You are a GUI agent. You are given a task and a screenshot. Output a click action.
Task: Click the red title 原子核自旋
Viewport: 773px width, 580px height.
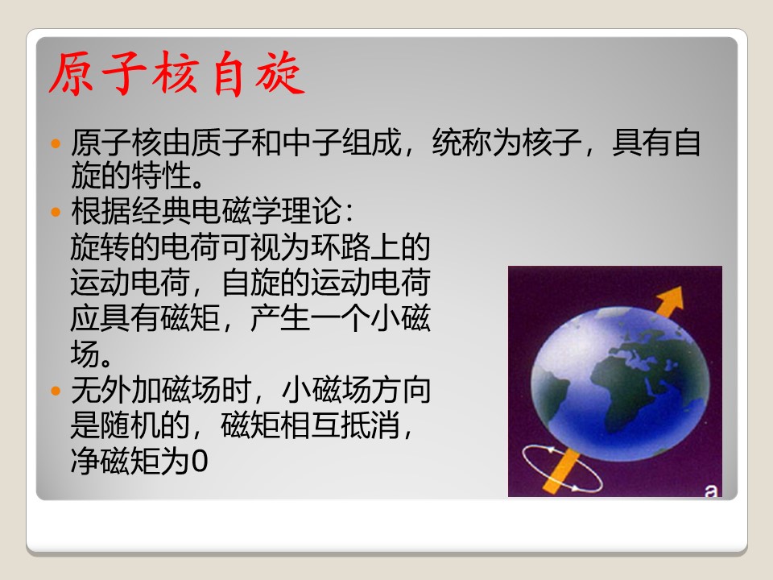point(177,73)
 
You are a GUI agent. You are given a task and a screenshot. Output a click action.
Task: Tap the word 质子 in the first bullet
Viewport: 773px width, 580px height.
point(221,143)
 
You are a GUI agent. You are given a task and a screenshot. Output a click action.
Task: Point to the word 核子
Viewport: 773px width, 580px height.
point(552,143)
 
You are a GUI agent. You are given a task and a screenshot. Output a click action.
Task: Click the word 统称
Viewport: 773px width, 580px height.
point(461,143)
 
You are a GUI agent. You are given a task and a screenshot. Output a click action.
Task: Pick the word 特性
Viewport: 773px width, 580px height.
point(161,176)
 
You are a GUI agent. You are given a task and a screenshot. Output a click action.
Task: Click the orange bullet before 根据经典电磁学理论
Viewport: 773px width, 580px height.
point(56,212)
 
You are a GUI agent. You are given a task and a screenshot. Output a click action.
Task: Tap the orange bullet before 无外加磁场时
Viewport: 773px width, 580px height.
point(56,391)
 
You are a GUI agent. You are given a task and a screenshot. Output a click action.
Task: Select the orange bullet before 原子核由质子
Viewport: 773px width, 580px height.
point(56,143)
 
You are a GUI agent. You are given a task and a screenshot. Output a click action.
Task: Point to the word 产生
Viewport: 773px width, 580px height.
point(280,318)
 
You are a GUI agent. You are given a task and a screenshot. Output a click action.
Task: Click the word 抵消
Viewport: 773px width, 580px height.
point(370,425)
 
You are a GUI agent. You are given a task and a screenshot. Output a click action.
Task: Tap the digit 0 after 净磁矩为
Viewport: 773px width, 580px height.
point(199,462)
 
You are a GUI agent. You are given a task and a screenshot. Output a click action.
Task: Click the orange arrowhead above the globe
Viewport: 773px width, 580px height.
point(672,297)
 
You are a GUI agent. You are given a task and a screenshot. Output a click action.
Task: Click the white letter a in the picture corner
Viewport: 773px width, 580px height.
point(711,491)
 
